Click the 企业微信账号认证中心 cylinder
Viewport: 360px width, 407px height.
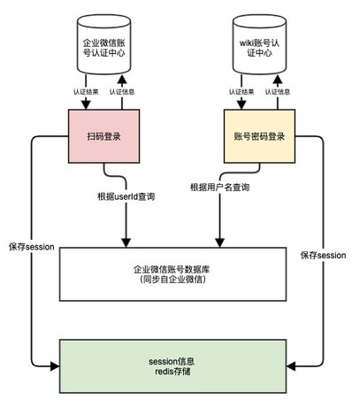pyautogui.click(x=103, y=44)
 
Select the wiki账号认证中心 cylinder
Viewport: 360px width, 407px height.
pyautogui.click(x=259, y=44)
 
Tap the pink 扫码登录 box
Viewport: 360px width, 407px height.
pyautogui.click(x=103, y=136)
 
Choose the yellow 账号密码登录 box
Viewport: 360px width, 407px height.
pyautogui.click(x=259, y=136)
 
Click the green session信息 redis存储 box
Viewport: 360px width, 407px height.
pyautogui.click(x=172, y=366)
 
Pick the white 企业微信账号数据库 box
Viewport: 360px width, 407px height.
pyautogui.click(x=172, y=274)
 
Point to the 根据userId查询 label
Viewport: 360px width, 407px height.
pyautogui.click(x=126, y=196)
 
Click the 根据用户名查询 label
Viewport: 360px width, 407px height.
pyautogui.click(x=219, y=188)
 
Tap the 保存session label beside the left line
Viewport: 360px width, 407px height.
pyautogui.click(x=32, y=247)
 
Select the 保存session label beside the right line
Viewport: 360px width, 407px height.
pyautogui.click(x=323, y=256)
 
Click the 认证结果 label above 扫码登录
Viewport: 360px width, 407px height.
pyautogui.click(x=86, y=92)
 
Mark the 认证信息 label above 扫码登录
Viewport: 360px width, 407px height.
pyautogui.click(x=122, y=92)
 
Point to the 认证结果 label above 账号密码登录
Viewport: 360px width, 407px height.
pyautogui.click(x=241, y=92)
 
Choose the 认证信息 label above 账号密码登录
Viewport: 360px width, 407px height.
pyautogui.click(x=278, y=92)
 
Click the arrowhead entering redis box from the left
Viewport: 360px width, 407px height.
pyautogui.click(x=55, y=366)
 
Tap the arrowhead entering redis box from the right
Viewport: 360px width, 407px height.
pyautogui.click(x=291, y=366)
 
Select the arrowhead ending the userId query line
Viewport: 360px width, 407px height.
pyautogui.click(x=126, y=242)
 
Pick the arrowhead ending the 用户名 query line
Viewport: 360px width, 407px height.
pyautogui.click(x=219, y=242)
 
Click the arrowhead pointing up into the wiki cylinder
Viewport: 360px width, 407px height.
pyautogui.click(x=278, y=79)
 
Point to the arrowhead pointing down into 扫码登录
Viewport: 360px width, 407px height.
pyautogui.click(x=86, y=105)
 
